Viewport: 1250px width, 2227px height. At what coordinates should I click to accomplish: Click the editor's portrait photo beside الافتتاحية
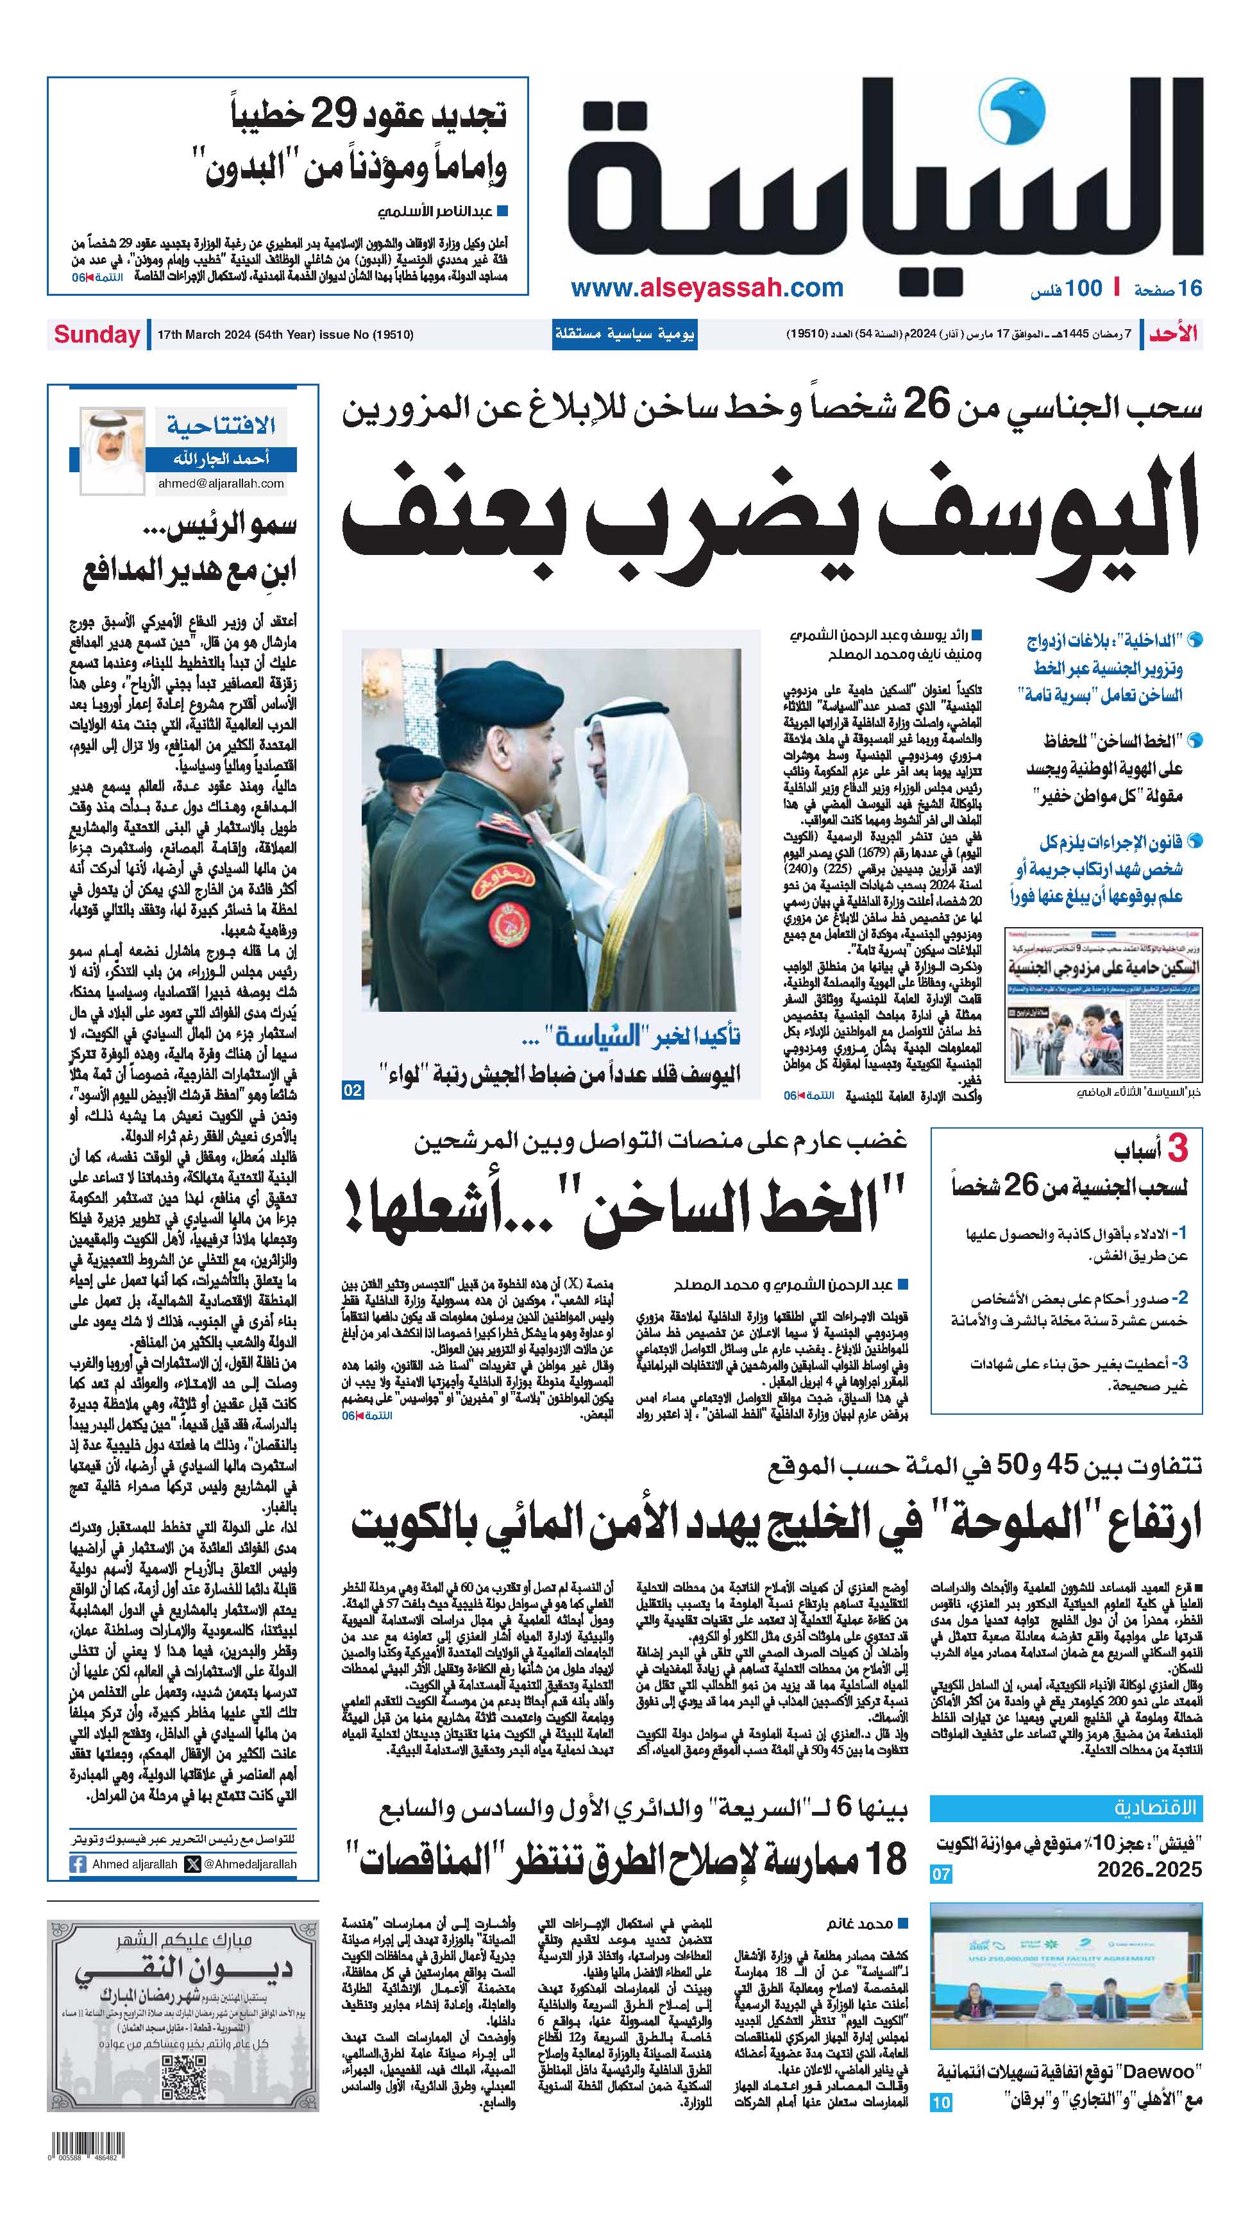(x=112, y=450)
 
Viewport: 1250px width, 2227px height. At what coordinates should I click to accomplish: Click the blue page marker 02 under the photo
(x=352, y=1091)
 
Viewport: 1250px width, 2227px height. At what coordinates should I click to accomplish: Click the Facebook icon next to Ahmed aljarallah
(x=79, y=1864)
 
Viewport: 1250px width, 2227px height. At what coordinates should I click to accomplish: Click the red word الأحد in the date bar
(x=1174, y=334)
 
